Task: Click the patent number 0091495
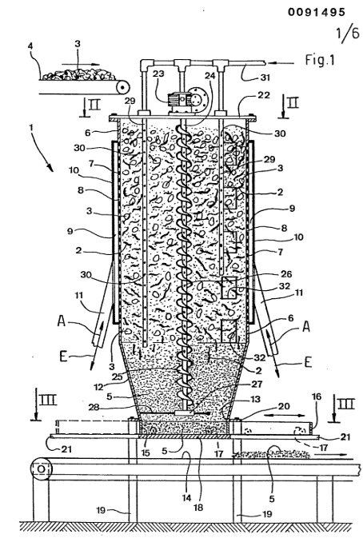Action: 317,12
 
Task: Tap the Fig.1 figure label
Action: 320,60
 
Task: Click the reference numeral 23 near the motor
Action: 158,74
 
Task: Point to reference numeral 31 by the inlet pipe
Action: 265,77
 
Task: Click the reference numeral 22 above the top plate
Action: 263,94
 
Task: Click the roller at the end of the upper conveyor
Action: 122,87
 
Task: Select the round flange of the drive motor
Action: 198,98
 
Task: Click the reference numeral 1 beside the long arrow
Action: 31,128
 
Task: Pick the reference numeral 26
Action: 286,274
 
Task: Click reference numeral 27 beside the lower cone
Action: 256,384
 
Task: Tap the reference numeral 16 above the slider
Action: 317,397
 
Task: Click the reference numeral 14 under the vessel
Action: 187,498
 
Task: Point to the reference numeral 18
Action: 197,507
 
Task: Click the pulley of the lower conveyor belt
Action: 41,469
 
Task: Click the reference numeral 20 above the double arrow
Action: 285,406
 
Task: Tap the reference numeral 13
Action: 256,399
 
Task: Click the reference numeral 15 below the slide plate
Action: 146,452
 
